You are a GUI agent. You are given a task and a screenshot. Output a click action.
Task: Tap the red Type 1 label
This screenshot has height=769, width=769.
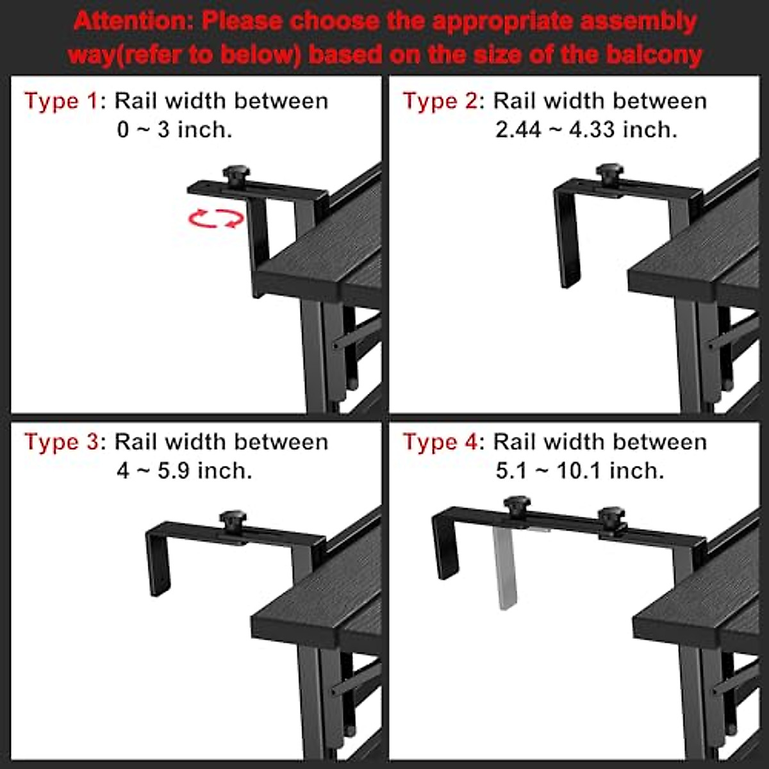(62, 101)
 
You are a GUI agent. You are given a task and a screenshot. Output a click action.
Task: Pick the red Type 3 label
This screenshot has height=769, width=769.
(62, 442)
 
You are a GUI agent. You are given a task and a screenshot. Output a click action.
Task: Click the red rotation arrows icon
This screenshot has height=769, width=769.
(216, 219)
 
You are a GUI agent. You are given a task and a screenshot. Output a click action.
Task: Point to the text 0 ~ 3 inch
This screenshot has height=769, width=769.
(174, 130)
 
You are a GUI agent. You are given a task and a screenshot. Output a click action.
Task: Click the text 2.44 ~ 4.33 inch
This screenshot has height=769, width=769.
(586, 130)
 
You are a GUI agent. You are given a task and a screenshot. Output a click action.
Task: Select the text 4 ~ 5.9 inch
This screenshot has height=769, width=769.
(184, 471)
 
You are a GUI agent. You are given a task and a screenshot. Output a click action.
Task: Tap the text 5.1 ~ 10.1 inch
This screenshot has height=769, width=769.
(579, 471)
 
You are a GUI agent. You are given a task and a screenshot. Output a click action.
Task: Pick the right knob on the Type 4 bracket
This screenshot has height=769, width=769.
(611, 517)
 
